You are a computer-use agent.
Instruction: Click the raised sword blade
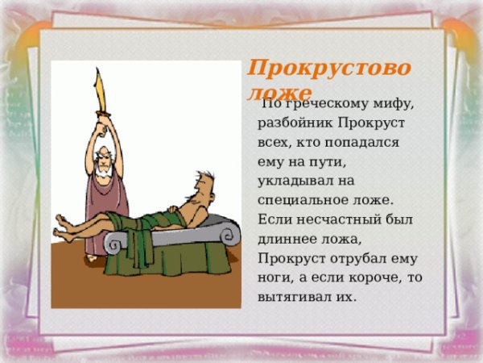pos(100,92)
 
